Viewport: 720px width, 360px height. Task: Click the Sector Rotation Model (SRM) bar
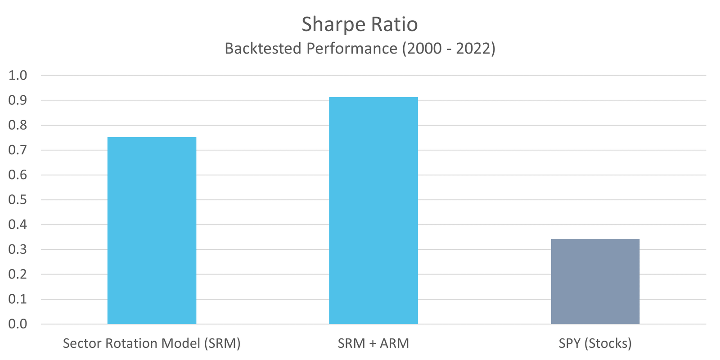152,230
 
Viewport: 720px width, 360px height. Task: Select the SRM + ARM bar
373,210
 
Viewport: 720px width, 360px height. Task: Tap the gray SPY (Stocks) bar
595,281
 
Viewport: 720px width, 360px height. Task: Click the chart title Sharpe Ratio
360,24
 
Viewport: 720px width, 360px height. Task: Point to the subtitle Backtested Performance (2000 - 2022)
360,48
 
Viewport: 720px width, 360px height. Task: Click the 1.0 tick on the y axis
18,76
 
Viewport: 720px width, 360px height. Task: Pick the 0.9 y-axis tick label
18,100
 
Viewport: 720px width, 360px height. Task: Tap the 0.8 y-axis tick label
18,125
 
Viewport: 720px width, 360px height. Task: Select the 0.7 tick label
18,150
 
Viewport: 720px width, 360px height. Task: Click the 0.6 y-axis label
18,175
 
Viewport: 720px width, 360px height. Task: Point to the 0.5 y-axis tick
18,200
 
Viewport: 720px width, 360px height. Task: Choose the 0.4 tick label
18,225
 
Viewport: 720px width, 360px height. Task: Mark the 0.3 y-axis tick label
18,249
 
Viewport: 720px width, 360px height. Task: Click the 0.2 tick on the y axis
18,274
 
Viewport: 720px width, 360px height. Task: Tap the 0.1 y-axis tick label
18,299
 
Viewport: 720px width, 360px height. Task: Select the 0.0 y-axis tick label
18,324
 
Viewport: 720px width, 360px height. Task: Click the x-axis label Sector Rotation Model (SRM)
152,344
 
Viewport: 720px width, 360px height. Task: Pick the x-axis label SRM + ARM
373,344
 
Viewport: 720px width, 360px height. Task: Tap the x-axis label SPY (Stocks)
595,344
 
